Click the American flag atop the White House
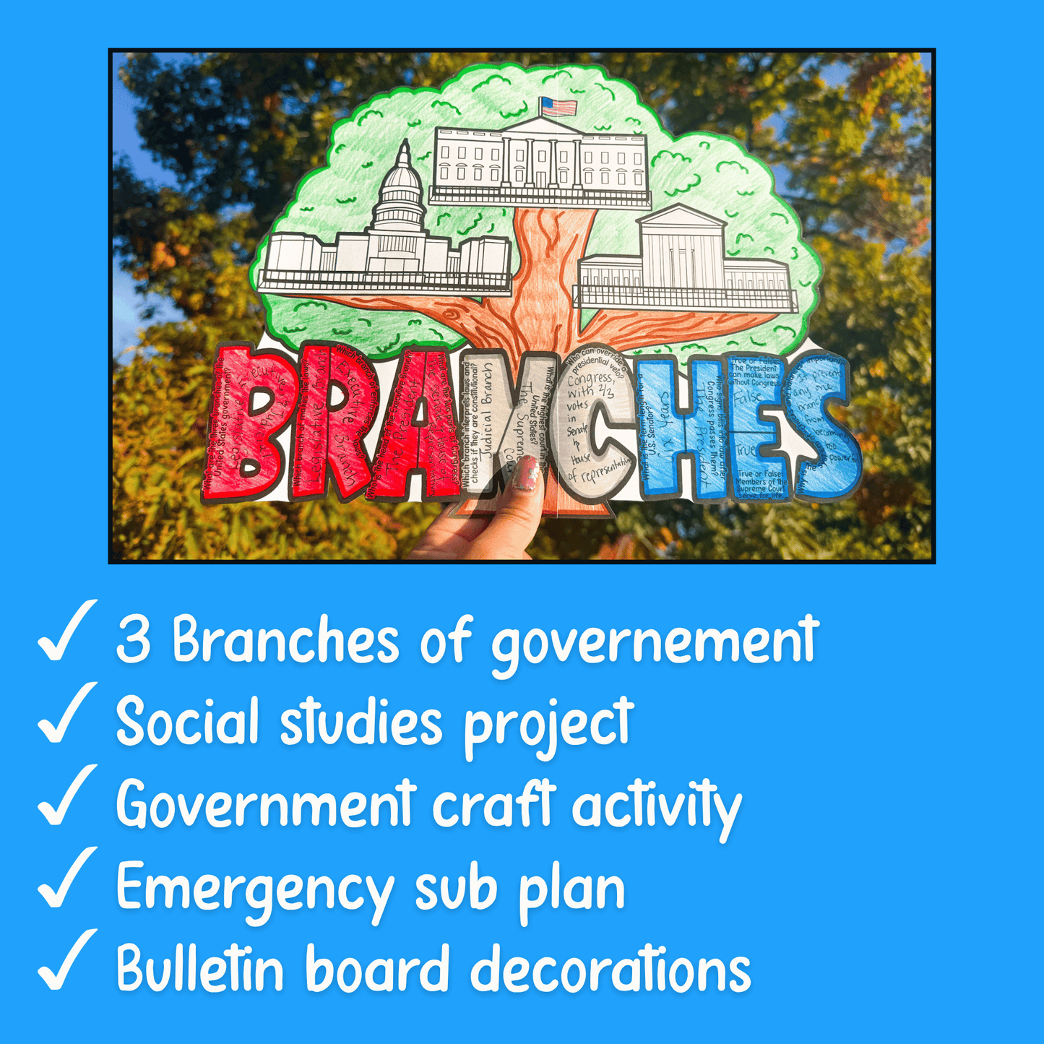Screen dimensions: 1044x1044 pos(558,107)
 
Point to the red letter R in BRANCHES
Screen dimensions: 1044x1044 pos(329,423)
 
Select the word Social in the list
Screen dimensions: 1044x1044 pos(186,722)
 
